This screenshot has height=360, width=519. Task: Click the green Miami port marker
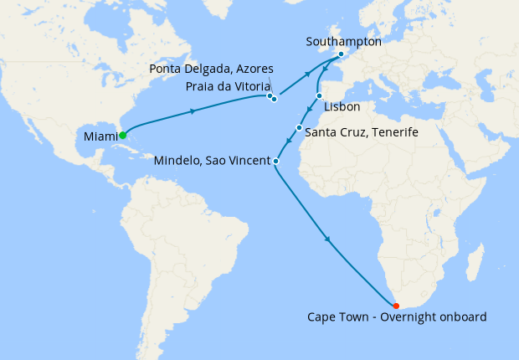(122, 135)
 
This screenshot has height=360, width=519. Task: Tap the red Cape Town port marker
(396, 306)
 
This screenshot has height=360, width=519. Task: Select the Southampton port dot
(341, 54)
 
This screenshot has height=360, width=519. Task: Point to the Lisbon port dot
(319, 95)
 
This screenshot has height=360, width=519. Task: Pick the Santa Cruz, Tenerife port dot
(299, 128)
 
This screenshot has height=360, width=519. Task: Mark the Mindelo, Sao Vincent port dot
(275, 160)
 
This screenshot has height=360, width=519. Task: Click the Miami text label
(101, 136)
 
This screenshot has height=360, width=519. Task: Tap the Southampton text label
(344, 41)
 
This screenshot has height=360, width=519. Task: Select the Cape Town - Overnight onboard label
(397, 317)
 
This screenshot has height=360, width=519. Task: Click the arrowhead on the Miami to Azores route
(194, 111)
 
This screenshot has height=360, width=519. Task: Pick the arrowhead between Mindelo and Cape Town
(330, 240)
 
